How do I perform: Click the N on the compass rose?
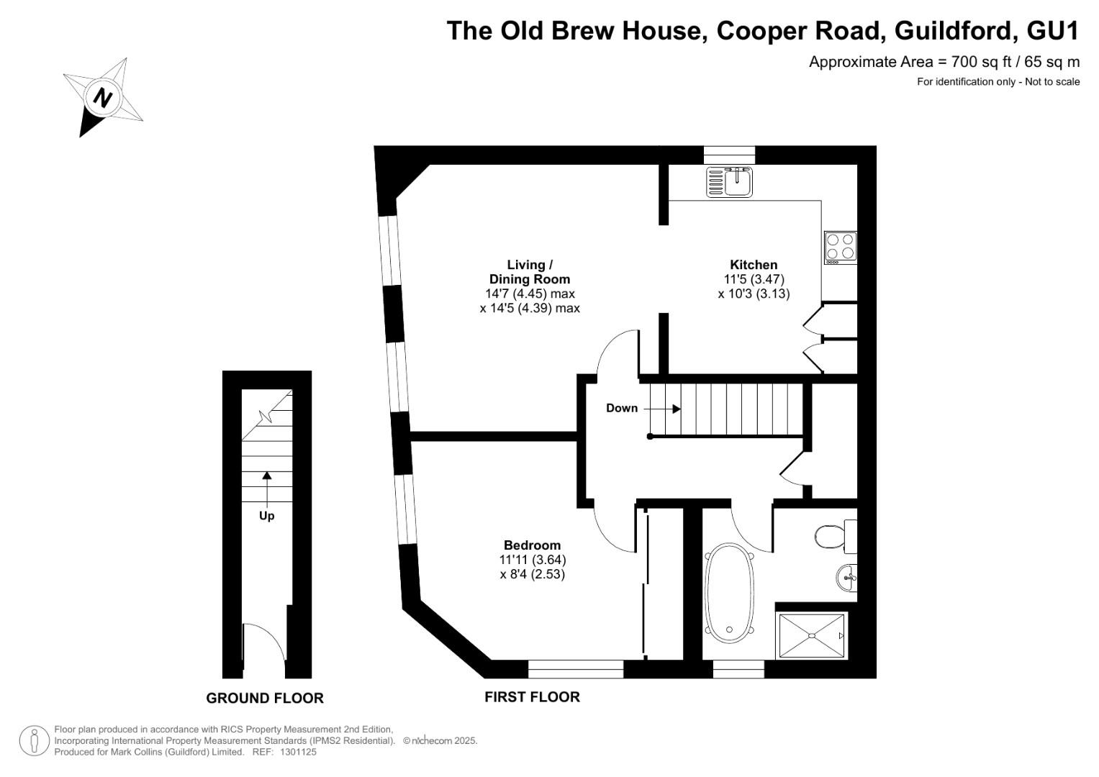tap(102, 97)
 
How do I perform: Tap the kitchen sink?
tap(730, 181)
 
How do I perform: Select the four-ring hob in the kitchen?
tap(841, 247)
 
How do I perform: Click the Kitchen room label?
tap(754, 265)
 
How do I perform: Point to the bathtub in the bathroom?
tap(730, 593)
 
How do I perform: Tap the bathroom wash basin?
tap(847, 578)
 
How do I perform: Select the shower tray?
tap(812, 636)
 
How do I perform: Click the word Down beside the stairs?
tap(622, 408)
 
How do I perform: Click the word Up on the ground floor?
tap(266, 516)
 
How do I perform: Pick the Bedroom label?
tap(533, 545)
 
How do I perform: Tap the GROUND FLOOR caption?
tap(265, 698)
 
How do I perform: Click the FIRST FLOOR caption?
tap(533, 696)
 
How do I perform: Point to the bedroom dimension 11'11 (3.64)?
tap(533, 560)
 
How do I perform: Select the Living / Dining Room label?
tap(530, 272)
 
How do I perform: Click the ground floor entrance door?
tap(264, 642)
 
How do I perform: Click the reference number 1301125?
tap(298, 752)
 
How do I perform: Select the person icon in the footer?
tap(34, 740)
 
